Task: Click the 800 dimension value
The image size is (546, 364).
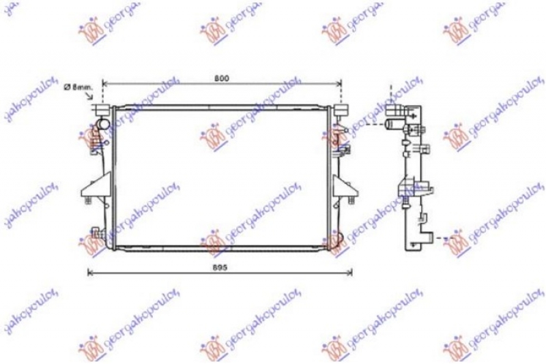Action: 220,78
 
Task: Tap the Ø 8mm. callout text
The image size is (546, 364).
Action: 77,87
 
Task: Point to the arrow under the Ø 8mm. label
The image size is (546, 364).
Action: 91,97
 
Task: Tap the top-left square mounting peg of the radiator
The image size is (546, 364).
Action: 102,109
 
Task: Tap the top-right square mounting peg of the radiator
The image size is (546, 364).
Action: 341,109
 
